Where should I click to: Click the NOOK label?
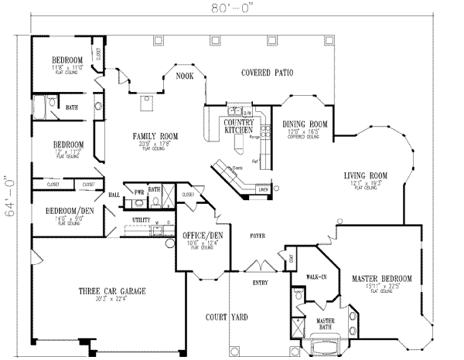pos(184,76)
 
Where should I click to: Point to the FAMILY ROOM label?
pos(155,135)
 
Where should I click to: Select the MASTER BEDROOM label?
pos(381,277)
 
